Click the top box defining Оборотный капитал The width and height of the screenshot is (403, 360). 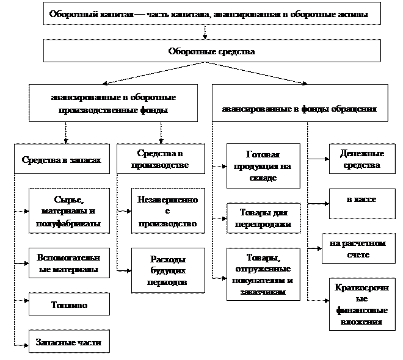tap(211, 13)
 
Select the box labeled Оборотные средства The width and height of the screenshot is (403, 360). tap(211, 51)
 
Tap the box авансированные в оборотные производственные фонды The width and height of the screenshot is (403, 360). tap(114, 103)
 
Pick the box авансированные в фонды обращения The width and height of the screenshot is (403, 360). tap(299, 104)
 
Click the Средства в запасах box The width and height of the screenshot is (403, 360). tap(61, 160)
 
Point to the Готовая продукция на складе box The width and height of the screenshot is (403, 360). tap(263, 166)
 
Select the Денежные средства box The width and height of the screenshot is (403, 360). tap(360, 160)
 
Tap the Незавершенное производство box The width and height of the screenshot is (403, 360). tap(168, 211)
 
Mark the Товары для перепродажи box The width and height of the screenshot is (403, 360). tap(263, 218)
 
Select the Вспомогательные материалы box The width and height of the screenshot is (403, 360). tap(69, 263)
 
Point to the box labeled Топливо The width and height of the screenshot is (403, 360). tap(69, 305)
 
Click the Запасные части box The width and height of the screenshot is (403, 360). tap(69, 341)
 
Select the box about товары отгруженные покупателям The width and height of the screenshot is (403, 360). tap(263, 275)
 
